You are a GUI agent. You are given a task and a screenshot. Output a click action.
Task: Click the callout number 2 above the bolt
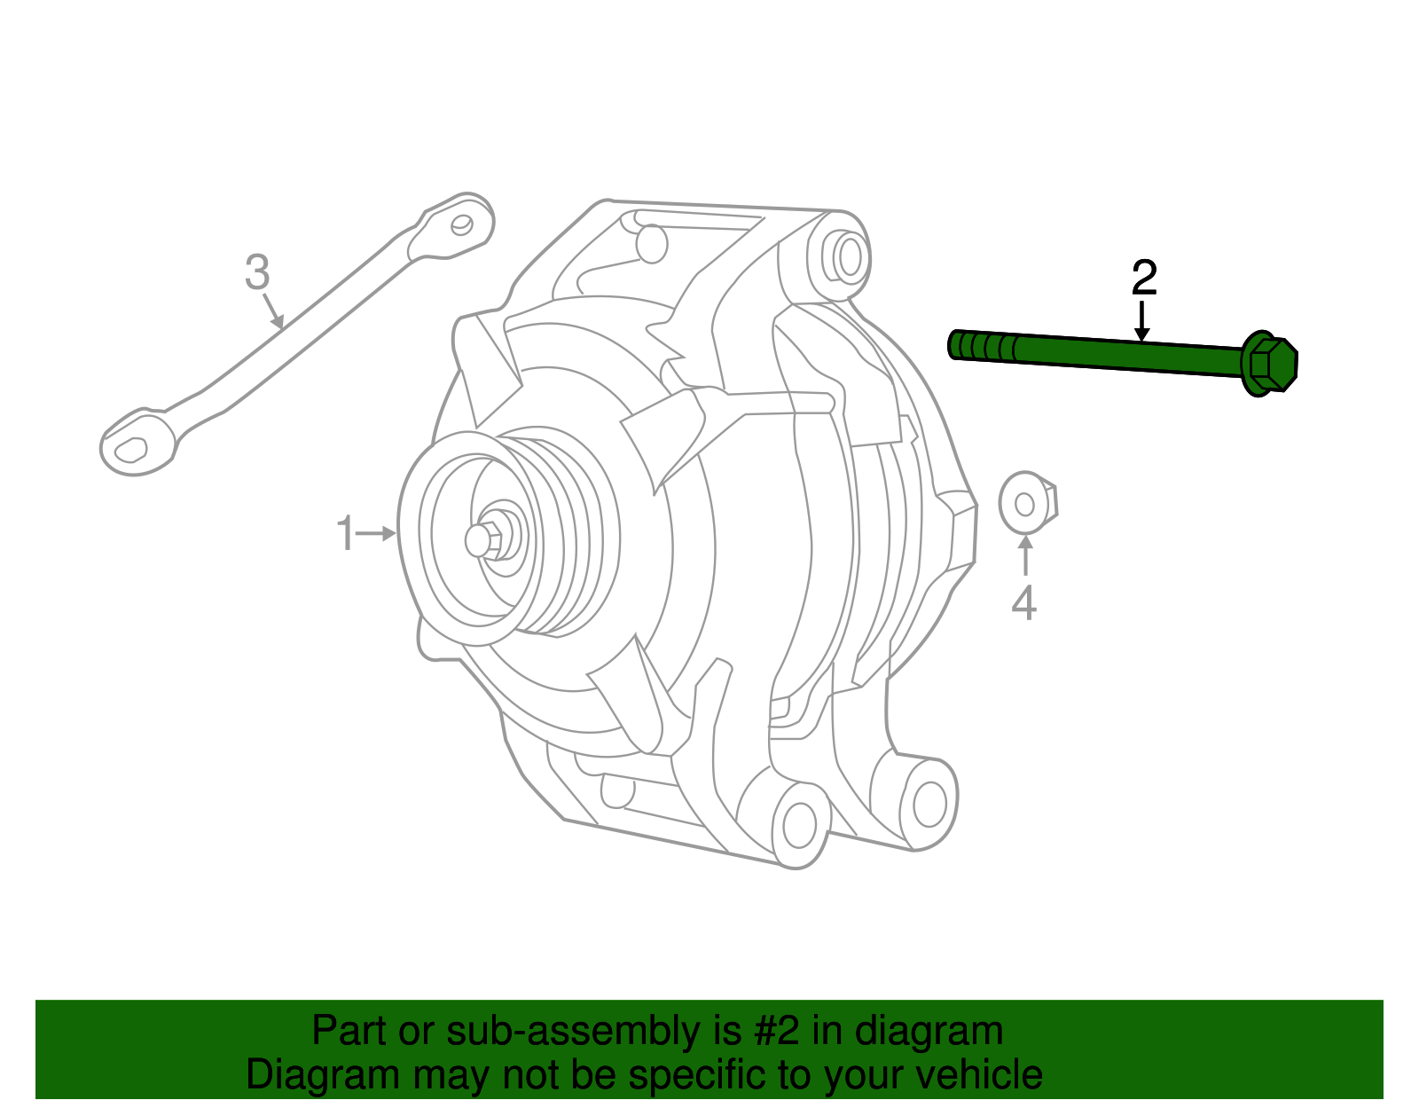point(1144,279)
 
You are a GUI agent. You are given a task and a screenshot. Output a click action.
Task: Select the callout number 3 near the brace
point(257,272)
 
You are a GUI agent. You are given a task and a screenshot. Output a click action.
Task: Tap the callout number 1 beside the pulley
point(345,534)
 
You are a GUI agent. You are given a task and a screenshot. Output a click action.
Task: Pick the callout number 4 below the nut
point(1024,603)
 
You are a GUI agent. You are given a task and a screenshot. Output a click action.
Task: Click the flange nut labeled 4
point(1027,504)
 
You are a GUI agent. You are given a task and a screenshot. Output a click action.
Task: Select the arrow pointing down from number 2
point(1142,321)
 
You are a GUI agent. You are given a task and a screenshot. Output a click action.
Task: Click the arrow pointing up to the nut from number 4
point(1025,554)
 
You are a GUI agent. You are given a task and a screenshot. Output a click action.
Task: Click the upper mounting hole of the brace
point(462,224)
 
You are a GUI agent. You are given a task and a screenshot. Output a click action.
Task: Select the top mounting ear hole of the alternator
point(849,256)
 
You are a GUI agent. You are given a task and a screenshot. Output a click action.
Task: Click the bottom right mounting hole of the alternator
point(929,805)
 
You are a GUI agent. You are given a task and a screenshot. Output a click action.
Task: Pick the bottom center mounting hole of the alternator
point(799,825)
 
